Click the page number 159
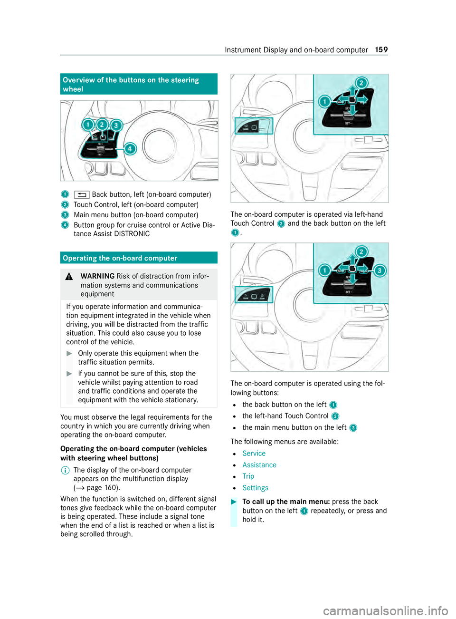(381, 50)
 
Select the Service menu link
(254, 454)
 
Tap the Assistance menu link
(259, 465)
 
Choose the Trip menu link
(248, 476)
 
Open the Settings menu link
(255, 488)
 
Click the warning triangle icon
(69, 277)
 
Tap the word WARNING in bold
(97, 276)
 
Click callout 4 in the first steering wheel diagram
(130, 149)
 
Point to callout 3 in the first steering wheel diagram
(116, 126)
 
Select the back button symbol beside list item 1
(82, 195)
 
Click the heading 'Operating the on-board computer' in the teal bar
(120, 258)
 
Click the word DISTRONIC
(131, 234)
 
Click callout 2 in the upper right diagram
(361, 83)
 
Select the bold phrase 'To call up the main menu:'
(286, 502)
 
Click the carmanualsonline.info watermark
(385, 610)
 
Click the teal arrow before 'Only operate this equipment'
(69, 353)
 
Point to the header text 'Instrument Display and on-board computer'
(296, 50)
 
